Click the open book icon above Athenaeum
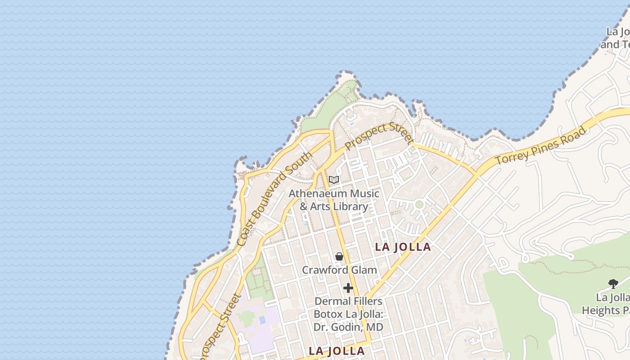333,180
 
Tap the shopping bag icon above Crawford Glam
339,256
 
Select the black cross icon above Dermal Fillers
348,288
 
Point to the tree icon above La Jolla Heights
613,283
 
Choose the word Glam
364,270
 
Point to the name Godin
348,327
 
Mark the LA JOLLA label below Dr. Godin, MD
337,351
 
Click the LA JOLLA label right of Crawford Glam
403,247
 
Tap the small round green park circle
419,204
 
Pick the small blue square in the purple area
262,319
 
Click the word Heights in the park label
602,310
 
